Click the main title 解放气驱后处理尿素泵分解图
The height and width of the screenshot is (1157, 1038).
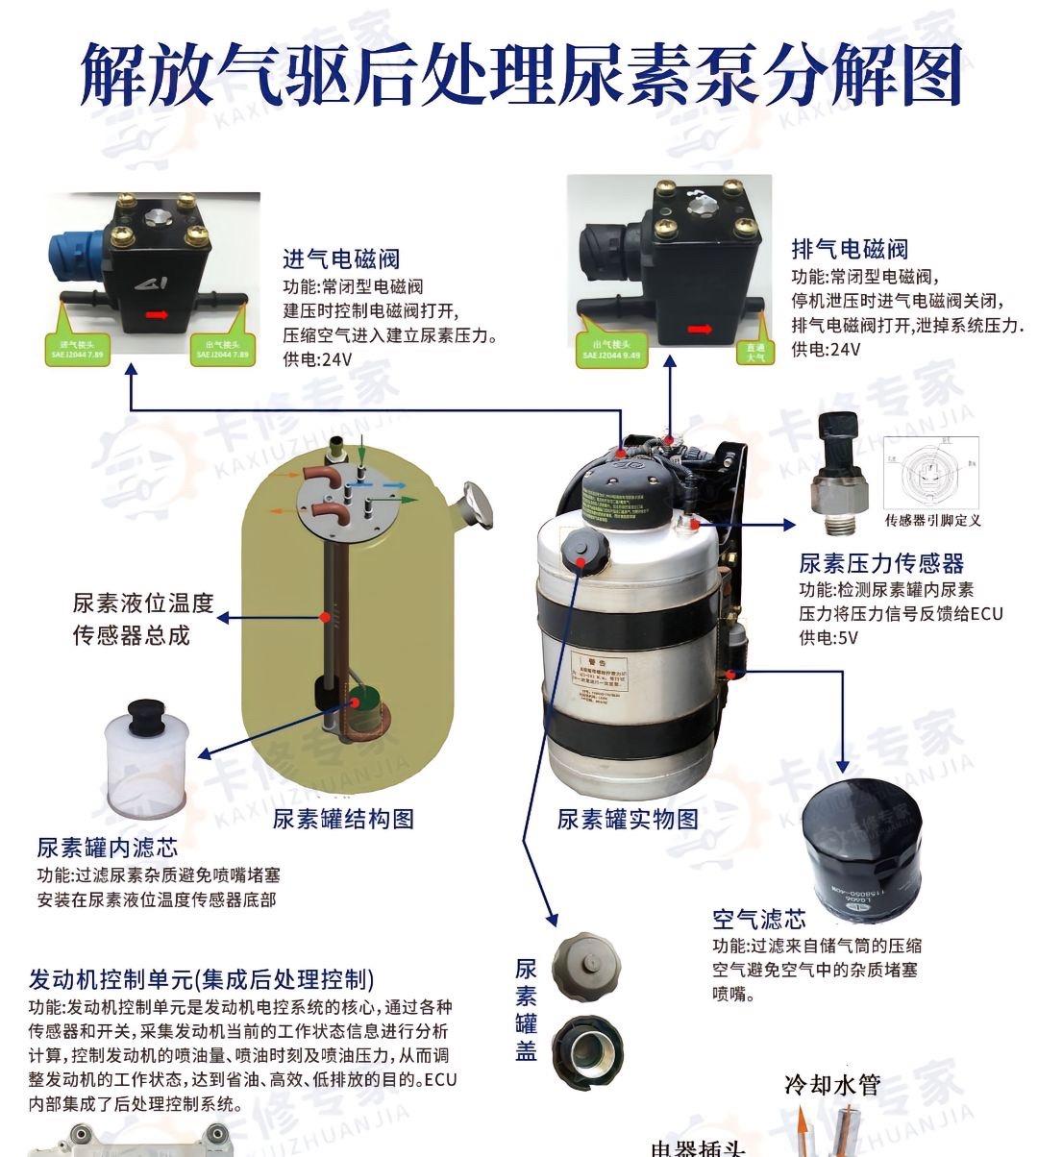pos(520,74)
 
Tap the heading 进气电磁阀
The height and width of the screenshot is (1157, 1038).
pos(340,258)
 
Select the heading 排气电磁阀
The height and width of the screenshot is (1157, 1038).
pos(850,249)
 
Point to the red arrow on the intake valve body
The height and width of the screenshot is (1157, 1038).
pos(157,313)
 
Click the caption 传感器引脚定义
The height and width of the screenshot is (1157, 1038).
pos(932,521)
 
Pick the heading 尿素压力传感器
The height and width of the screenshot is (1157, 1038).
pos(880,563)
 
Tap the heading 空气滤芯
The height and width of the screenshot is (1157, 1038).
pos(758,919)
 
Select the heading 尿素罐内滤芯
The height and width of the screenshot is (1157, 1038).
pos(107,848)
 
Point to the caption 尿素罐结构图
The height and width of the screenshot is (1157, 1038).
pos(343,819)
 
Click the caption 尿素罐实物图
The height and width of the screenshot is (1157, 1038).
pos(628,819)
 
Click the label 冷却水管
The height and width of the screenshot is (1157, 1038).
pos(832,1085)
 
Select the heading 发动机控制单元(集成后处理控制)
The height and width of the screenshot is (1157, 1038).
pos(201,979)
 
